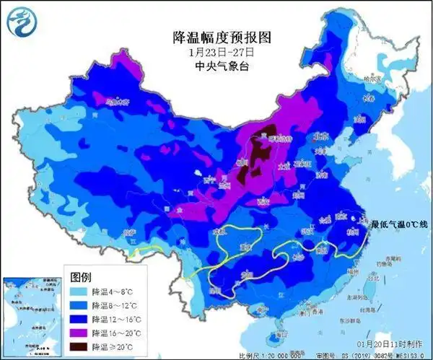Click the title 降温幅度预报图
click(216, 35)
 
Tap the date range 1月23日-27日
click(216, 51)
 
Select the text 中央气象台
click(216, 66)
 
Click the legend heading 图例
click(81, 276)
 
